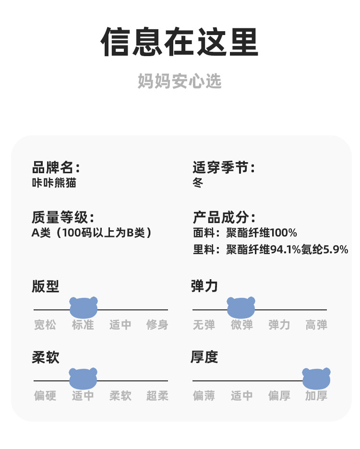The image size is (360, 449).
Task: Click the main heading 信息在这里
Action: click(x=180, y=43)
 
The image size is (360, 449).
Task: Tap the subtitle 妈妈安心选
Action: click(x=180, y=81)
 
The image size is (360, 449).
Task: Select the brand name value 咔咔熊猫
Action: click(x=54, y=183)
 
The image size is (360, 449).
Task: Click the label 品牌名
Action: click(x=55, y=168)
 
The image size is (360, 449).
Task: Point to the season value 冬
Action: click(x=198, y=183)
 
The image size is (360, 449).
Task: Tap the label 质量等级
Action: click(x=62, y=217)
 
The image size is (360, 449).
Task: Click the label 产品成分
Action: click(x=223, y=217)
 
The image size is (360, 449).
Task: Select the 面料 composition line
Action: click(x=244, y=233)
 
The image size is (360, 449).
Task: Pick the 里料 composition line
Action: click(x=270, y=249)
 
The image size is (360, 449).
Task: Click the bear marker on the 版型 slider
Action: click(x=84, y=307)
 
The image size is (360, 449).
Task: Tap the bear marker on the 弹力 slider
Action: click(x=241, y=307)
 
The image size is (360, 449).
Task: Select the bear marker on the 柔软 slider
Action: click(x=83, y=378)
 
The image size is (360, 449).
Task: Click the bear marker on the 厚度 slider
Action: click(x=316, y=378)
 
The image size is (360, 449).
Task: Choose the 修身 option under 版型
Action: click(x=157, y=325)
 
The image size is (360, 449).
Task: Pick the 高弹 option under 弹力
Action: click(x=316, y=325)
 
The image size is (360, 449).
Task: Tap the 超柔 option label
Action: click(x=157, y=396)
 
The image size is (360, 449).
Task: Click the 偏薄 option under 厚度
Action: click(x=204, y=396)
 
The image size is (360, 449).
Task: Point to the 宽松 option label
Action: click(x=45, y=325)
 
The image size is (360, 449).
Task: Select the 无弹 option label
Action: click(x=204, y=325)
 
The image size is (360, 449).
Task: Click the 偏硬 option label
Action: click(x=45, y=396)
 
